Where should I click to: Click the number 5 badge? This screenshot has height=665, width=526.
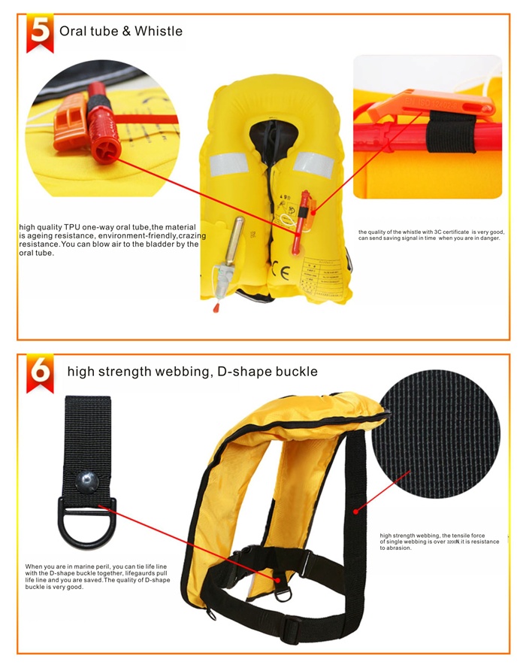click(40, 32)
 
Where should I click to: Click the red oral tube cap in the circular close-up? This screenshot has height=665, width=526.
click(99, 132)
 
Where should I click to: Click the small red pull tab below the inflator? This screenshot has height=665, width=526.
click(216, 308)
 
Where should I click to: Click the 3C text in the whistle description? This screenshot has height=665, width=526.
click(438, 232)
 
